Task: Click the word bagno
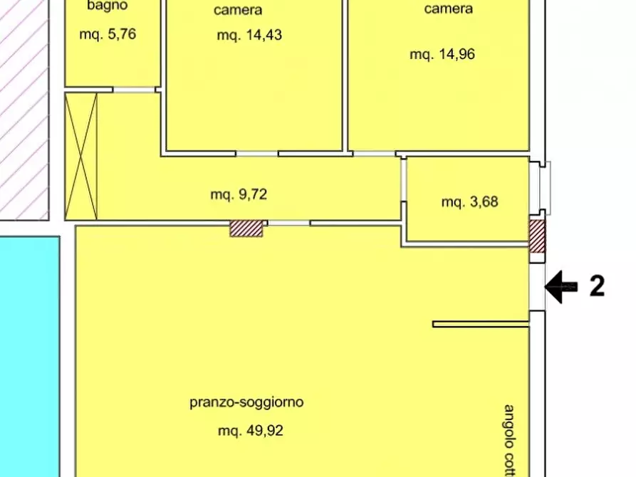pos(107,6)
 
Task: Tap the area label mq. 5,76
pos(107,32)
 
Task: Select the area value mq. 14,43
pos(249,35)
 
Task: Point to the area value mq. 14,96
pos(442,54)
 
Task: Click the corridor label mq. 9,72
pos(239,194)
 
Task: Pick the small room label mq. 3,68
pos(469,202)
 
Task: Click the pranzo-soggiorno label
pos(246,402)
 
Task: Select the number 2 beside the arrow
pos(597,286)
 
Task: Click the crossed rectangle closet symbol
pos(80,156)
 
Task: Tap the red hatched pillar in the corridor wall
pos(246,229)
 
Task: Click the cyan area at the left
pos(28,356)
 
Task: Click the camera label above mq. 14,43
pos(238,10)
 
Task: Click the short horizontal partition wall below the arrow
pos(481,325)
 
